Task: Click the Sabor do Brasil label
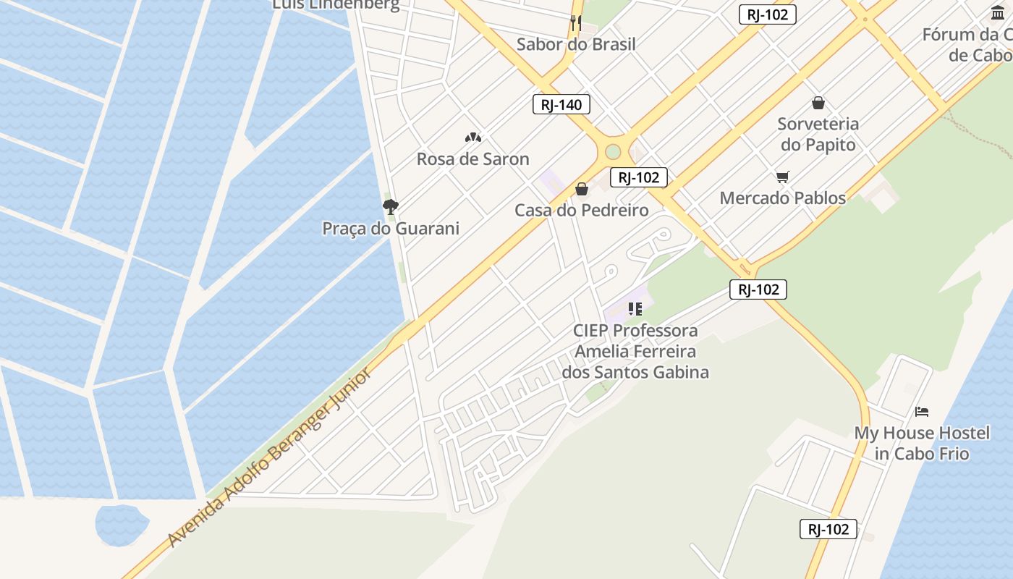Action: click(x=576, y=44)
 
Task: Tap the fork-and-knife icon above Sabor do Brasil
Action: click(x=576, y=22)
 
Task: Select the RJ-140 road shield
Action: click(x=561, y=104)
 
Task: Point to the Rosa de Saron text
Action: click(x=473, y=159)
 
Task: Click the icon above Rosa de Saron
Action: click(x=473, y=138)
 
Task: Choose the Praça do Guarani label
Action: click(x=391, y=229)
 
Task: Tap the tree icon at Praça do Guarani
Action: click(x=391, y=207)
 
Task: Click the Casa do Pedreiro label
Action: click(x=582, y=211)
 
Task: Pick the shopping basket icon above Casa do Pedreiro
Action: click(x=582, y=190)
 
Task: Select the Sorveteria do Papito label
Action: click(x=818, y=135)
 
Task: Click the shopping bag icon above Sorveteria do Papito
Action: click(x=818, y=103)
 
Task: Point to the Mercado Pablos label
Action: click(x=782, y=198)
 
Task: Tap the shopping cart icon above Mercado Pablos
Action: click(x=782, y=177)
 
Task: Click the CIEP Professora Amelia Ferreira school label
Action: click(x=635, y=352)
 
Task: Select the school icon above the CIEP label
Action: click(x=635, y=310)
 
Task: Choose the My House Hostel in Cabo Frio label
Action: click(x=922, y=443)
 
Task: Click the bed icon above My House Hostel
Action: click(x=922, y=412)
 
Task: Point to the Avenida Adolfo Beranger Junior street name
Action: click(x=271, y=457)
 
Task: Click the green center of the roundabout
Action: click(x=613, y=152)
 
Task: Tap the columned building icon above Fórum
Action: click(x=999, y=12)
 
